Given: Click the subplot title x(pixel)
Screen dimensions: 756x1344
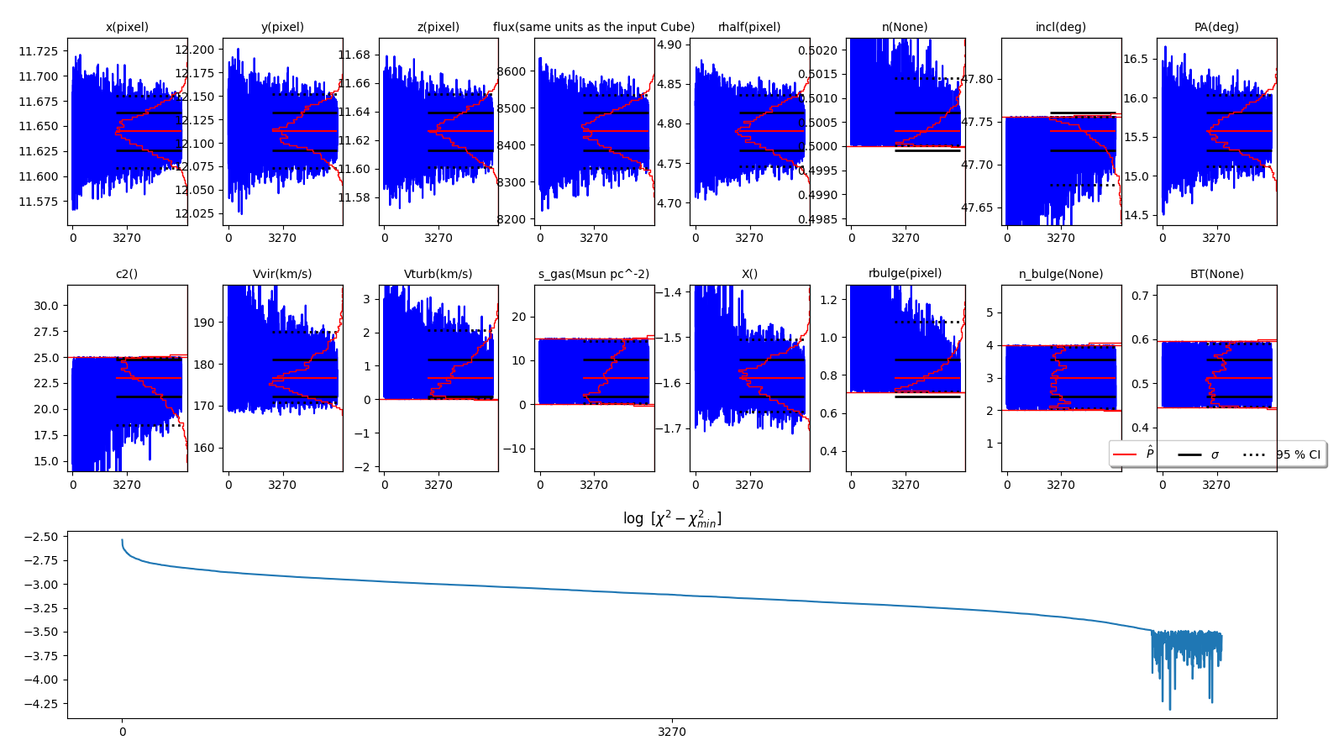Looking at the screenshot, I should coord(127,27).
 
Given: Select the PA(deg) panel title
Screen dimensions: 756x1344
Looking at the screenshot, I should coord(1216,27).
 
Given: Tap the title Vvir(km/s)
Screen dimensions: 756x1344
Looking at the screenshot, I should coord(282,274).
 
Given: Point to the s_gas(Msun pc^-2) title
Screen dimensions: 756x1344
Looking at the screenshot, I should coord(594,274).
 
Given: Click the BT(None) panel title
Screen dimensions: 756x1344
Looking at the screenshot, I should coord(1216,274).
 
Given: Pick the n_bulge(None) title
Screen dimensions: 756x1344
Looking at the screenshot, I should coord(1061,274).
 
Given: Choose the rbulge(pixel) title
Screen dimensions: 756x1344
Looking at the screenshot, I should coord(905,273).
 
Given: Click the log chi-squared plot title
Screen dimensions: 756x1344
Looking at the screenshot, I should coord(672,518).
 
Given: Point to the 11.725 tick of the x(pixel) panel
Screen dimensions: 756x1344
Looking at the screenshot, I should coord(39,51).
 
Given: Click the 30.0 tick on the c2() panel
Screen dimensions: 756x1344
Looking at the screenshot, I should coord(46,306).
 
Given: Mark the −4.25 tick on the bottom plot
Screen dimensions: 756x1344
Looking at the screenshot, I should coord(41,704).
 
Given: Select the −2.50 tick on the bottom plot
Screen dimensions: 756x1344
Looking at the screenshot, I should coord(41,537).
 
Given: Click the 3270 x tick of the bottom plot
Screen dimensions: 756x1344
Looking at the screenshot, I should coord(672,732).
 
